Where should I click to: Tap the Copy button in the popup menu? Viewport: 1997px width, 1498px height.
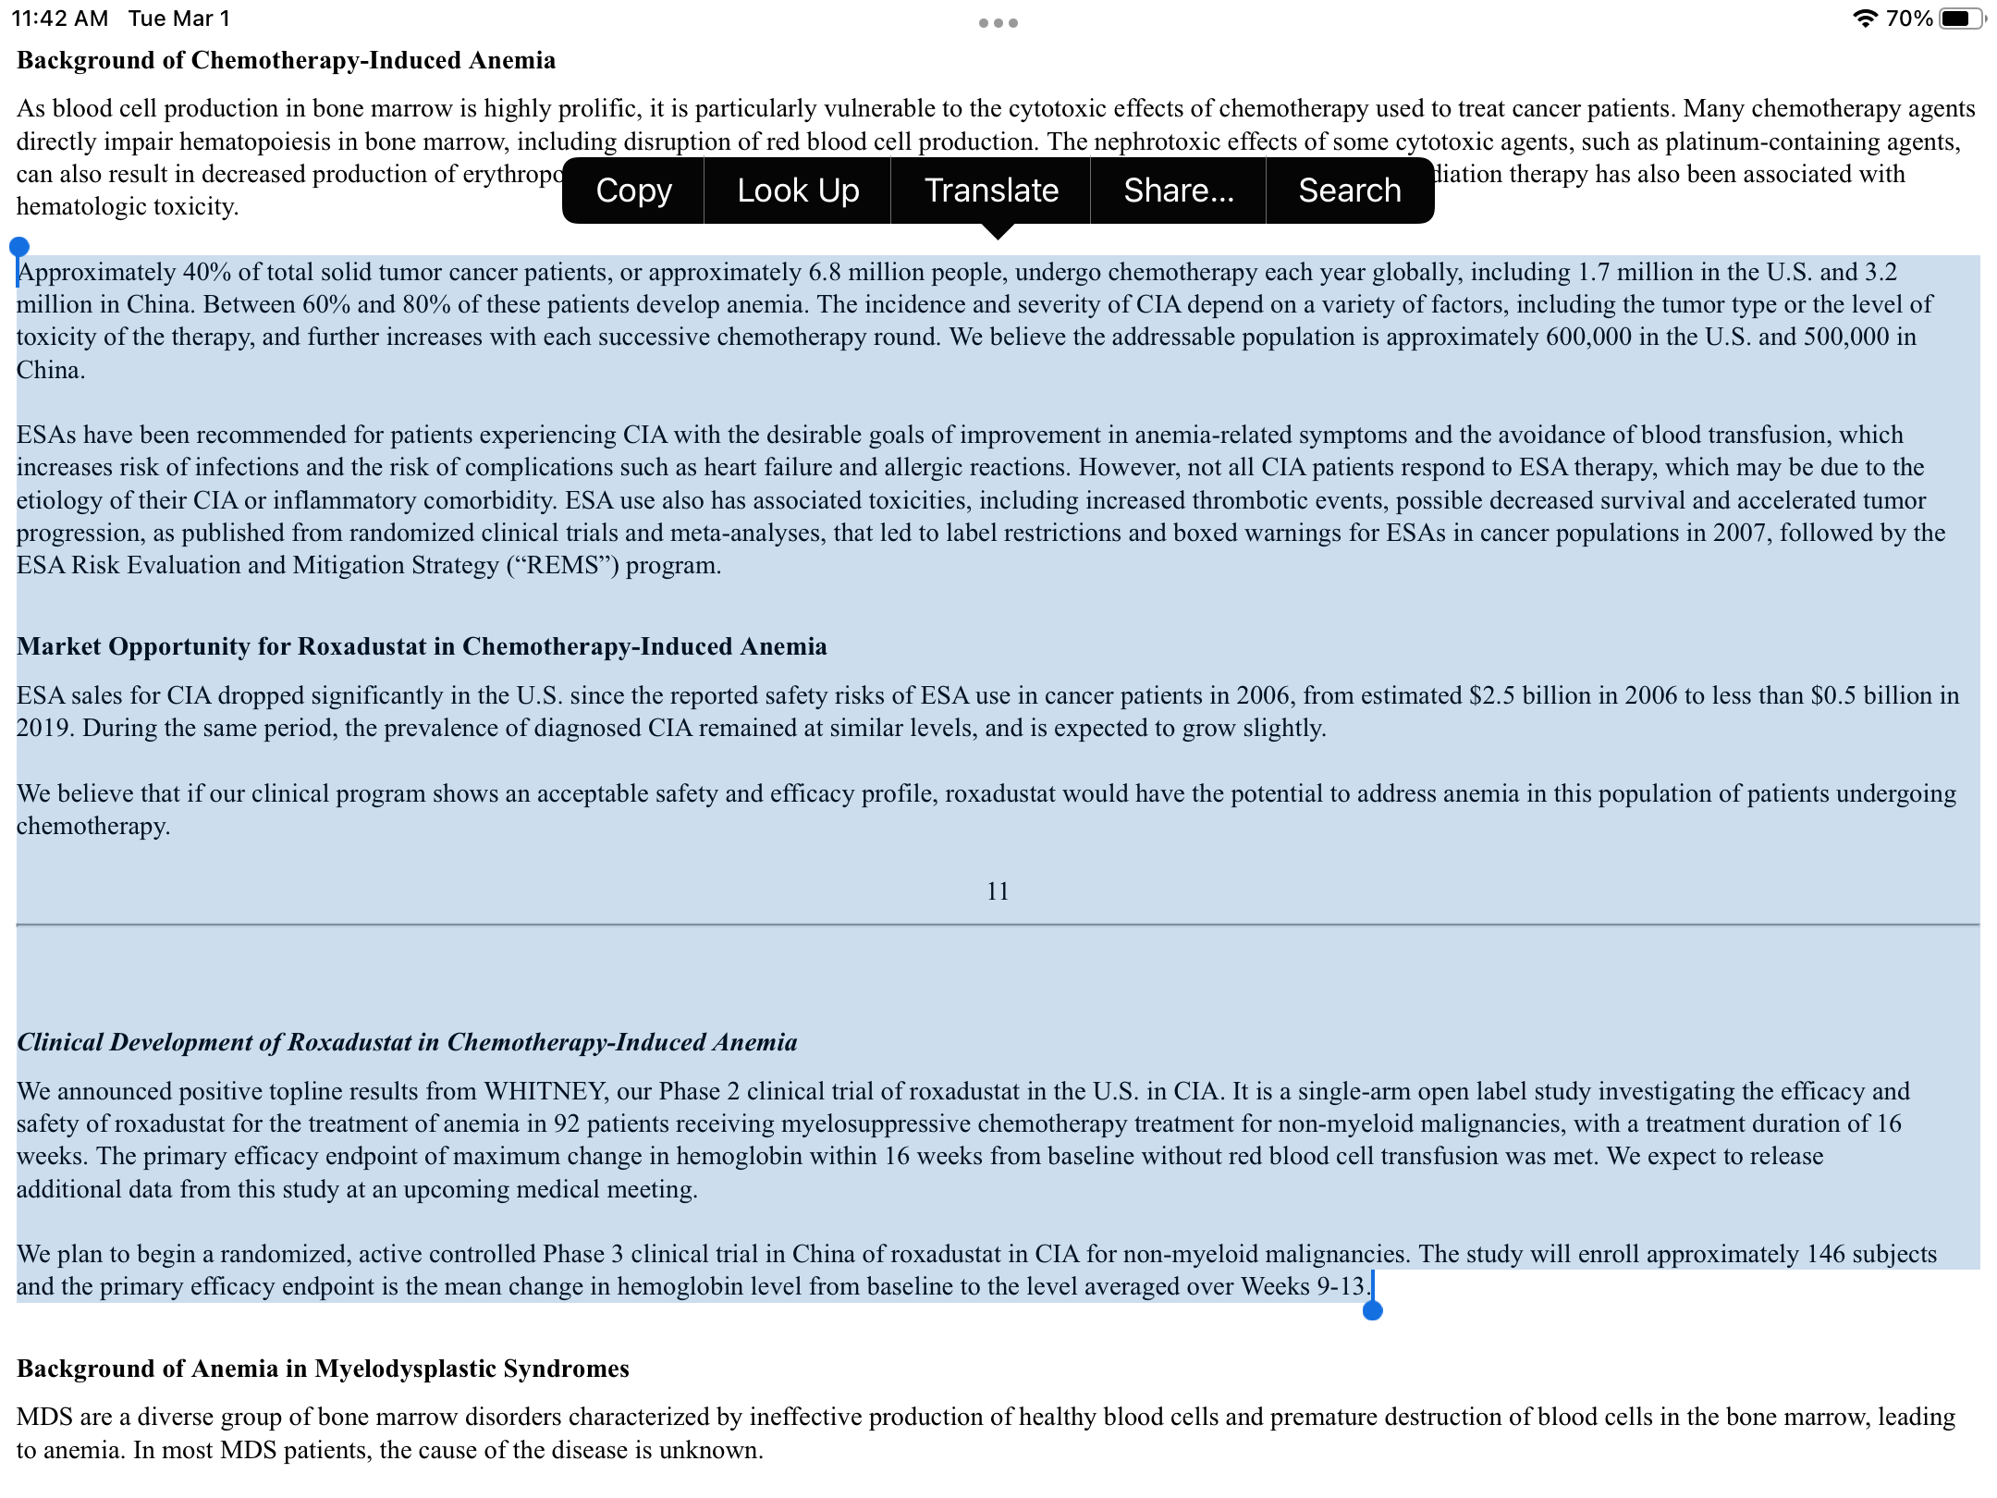tap(633, 190)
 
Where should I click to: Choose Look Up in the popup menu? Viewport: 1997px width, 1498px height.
tap(798, 190)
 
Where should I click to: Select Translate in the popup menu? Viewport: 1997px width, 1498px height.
tap(991, 190)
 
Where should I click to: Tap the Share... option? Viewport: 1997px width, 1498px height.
tap(1178, 190)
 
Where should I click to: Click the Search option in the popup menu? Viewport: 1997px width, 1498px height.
tap(1349, 190)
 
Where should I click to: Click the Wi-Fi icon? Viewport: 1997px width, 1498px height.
tap(1865, 18)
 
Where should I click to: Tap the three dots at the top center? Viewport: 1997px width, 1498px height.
tap(998, 23)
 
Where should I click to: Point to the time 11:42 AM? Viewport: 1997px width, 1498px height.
tap(60, 18)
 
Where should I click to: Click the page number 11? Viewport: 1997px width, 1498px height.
tap(998, 891)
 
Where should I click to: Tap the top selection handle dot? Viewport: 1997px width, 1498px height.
tap(19, 247)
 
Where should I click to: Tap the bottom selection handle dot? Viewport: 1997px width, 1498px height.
tap(1373, 1310)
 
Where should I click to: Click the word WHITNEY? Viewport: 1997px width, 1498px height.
tap(545, 1091)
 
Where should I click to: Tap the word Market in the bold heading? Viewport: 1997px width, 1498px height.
tap(58, 646)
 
